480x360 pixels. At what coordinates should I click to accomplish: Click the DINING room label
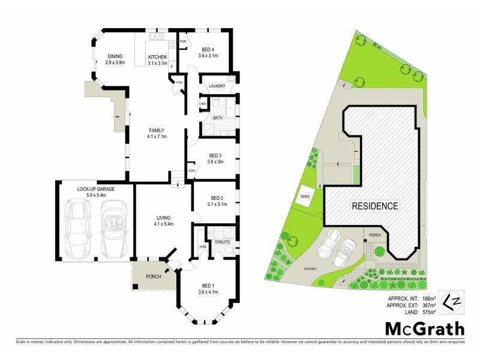tap(115, 56)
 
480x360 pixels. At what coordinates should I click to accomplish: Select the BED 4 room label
tap(209, 49)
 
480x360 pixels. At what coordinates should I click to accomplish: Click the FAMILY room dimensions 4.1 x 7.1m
tap(155, 136)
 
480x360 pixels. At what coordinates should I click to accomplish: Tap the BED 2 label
tap(217, 198)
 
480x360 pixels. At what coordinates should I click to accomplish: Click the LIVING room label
tap(163, 218)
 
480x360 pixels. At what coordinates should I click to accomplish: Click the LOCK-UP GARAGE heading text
tap(95, 189)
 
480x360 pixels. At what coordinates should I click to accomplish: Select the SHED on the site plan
tap(304, 197)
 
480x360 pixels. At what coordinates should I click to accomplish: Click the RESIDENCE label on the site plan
tap(375, 206)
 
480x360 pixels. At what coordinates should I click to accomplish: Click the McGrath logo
tap(422, 329)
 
